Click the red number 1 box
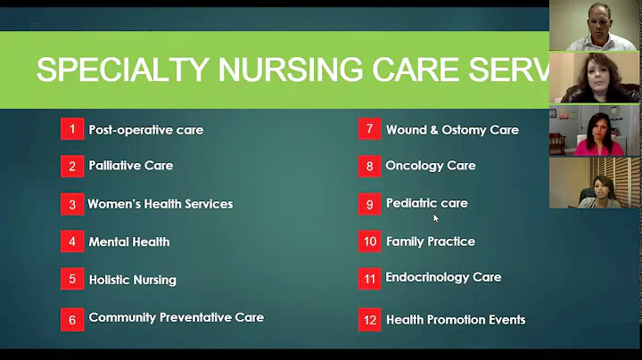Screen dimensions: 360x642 (x=72, y=129)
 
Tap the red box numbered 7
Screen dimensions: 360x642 (x=369, y=128)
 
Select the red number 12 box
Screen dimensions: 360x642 (x=369, y=319)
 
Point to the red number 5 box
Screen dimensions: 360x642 (x=72, y=279)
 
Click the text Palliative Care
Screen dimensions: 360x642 (x=130, y=166)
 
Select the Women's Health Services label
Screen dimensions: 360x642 (x=160, y=203)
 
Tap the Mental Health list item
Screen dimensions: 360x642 (x=128, y=241)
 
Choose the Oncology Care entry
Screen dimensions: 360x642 (x=431, y=166)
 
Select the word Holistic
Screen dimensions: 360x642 (x=111, y=279)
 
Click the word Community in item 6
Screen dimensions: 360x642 (x=122, y=317)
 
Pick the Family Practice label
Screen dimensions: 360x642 (x=430, y=241)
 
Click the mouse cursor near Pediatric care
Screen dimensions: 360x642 (x=436, y=217)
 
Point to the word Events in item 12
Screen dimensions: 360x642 (x=506, y=319)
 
